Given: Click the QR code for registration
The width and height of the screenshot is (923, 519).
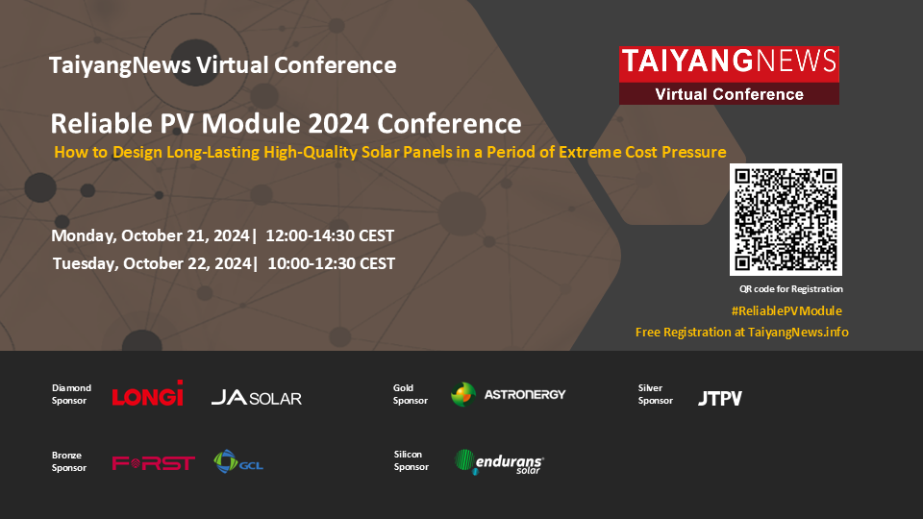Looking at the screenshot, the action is click(786, 219).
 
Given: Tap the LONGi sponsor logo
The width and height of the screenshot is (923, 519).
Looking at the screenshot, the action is click(148, 394).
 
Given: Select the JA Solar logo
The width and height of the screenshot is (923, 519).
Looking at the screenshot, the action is click(257, 398).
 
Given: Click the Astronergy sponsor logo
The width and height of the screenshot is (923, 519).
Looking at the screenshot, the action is click(508, 394).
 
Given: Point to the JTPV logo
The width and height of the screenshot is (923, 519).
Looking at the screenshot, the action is click(720, 398).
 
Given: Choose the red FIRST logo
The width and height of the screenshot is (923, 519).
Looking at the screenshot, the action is click(154, 463).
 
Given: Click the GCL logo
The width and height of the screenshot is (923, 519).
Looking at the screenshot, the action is click(238, 462).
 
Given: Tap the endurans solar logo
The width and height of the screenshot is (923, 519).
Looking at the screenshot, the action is click(499, 462).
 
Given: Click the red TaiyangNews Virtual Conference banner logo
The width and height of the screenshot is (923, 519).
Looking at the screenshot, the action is click(729, 75).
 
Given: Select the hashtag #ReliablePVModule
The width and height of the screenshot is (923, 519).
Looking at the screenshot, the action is click(786, 310).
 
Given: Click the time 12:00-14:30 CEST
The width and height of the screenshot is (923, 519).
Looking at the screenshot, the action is click(330, 236).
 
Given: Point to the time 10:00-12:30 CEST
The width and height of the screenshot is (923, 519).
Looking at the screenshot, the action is click(332, 263).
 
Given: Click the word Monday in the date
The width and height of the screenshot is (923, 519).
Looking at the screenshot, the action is click(84, 236).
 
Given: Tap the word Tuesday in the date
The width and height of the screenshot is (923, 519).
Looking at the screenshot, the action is click(86, 263).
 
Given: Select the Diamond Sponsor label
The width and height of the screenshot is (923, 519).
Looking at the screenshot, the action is click(71, 394).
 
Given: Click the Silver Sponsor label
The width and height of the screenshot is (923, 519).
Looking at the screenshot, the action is click(655, 394).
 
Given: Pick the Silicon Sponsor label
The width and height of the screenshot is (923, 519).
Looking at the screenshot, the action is click(411, 460).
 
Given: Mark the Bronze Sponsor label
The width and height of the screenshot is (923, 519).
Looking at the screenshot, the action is click(69, 461).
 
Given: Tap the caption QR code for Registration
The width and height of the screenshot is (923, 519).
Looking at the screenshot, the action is click(791, 289).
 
